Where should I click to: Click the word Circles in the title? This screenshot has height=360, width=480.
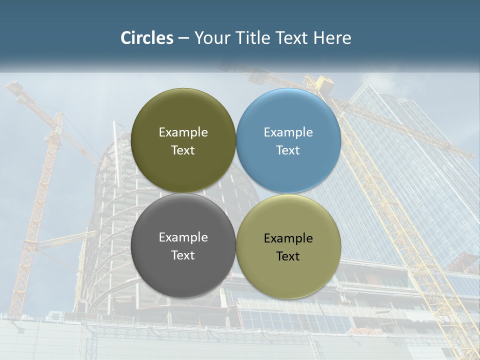click(146, 38)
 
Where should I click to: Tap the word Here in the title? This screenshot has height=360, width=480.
click(332, 38)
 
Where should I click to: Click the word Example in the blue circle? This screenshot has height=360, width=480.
click(288, 132)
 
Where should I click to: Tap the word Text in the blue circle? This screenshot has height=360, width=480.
click(288, 150)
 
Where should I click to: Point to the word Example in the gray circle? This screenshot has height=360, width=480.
click(183, 237)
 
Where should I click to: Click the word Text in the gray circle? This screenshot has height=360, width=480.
click(183, 255)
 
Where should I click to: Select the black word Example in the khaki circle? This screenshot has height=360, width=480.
click(288, 238)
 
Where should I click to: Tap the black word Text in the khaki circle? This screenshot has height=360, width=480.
click(288, 256)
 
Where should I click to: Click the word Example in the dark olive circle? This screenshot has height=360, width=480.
click(183, 132)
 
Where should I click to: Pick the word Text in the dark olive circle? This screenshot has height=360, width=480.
click(183, 150)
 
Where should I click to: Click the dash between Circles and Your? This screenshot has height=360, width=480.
click(183, 38)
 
